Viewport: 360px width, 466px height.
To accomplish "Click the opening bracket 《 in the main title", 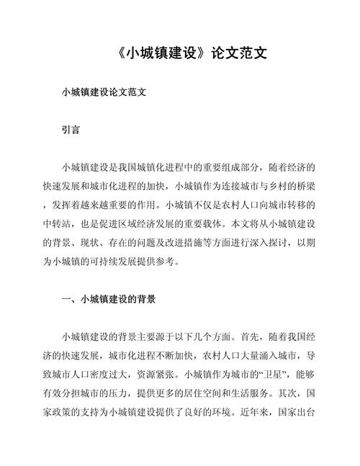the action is tap(120, 55).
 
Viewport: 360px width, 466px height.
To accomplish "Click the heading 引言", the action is tap(71, 132).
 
